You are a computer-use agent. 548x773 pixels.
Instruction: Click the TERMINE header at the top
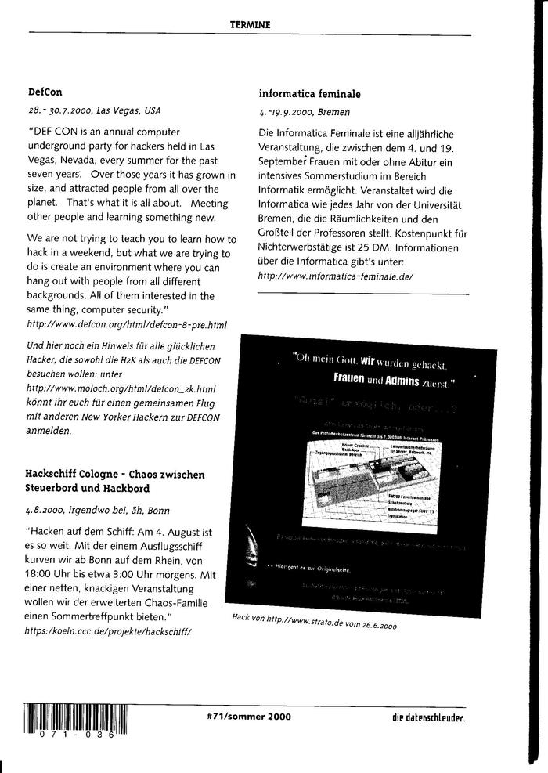tap(251, 24)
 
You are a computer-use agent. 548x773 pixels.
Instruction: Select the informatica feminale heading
tap(309, 94)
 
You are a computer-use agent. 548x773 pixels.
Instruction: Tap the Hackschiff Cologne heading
tap(115, 482)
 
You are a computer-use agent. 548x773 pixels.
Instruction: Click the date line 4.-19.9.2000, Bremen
tap(305, 112)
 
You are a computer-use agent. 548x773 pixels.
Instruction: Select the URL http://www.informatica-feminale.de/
tap(336, 277)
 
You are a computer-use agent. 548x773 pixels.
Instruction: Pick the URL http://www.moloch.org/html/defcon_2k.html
tap(121, 388)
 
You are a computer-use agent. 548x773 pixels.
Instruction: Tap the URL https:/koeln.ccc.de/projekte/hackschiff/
tap(109, 630)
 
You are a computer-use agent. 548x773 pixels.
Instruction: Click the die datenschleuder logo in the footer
tap(429, 717)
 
